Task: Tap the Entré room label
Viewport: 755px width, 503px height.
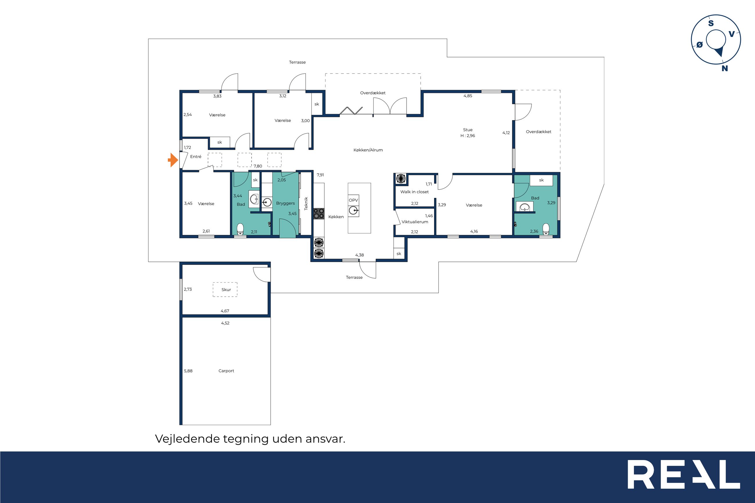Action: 196,156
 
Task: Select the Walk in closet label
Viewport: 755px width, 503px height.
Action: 414,192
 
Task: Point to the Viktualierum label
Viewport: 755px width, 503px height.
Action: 415,222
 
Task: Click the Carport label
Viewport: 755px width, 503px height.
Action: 226,371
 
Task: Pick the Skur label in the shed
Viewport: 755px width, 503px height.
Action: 226,290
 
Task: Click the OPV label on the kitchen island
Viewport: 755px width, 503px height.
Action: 353,200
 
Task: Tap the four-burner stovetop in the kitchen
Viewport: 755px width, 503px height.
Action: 319,214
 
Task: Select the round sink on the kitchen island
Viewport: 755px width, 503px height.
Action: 354,211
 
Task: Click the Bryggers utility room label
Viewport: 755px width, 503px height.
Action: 285,203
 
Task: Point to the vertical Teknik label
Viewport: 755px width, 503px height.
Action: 306,203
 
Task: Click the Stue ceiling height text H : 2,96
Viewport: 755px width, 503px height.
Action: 468,136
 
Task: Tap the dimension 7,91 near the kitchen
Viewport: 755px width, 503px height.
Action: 320,175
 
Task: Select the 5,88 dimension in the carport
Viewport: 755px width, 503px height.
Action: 188,371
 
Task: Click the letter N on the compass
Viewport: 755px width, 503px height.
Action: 725,68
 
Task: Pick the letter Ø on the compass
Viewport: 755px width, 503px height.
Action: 700,45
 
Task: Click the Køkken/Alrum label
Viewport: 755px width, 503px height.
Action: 368,150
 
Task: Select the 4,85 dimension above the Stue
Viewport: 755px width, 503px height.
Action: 468,96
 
